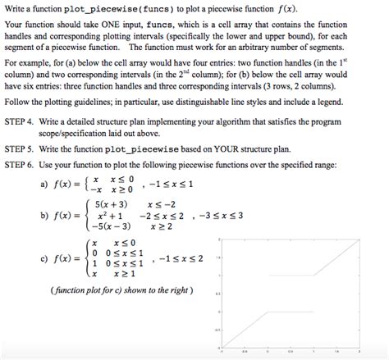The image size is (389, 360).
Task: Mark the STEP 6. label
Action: point(23,164)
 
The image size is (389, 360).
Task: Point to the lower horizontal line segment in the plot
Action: point(279,312)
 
